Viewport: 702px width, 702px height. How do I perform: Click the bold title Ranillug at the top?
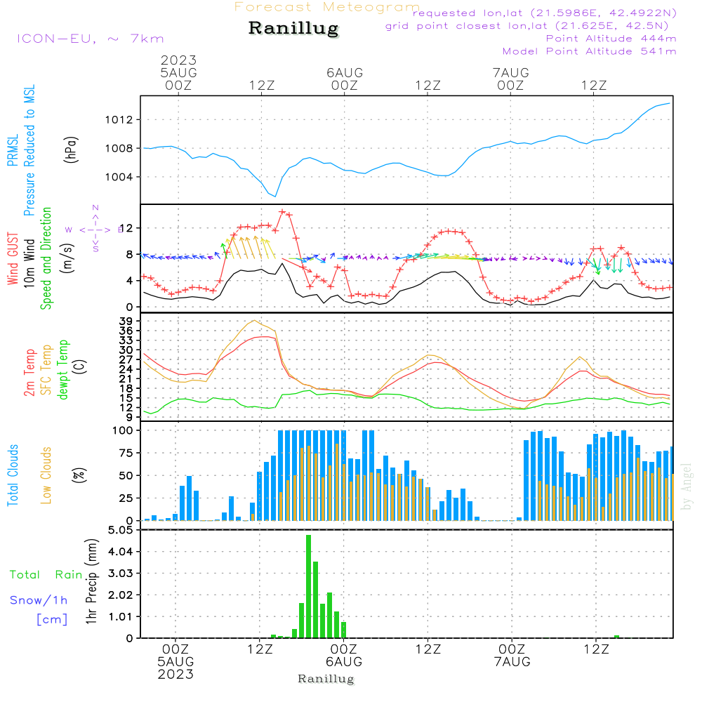pos(293,29)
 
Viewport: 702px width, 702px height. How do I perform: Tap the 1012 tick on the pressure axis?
pos(124,120)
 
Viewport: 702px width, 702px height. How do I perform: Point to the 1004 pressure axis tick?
pos(124,176)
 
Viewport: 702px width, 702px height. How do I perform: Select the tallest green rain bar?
pos(308,586)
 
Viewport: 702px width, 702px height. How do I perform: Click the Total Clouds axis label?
pos(12,475)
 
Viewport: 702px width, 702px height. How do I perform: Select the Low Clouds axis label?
pos(46,475)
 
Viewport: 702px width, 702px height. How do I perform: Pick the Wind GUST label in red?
pos(13,258)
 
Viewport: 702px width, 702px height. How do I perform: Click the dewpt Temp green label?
pos(63,370)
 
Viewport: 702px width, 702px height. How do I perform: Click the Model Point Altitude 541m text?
pos(589,51)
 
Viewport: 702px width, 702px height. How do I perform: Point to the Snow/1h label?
pos(39,600)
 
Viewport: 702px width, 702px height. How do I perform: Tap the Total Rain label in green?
pos(46,574)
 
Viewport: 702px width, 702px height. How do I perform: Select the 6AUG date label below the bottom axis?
pos(344,662)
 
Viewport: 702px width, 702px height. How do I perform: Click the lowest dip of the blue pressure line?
pos(275,196)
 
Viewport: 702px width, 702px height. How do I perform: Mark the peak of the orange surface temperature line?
pos(253,321)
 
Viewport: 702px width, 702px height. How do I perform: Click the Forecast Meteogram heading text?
pos(327,7)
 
